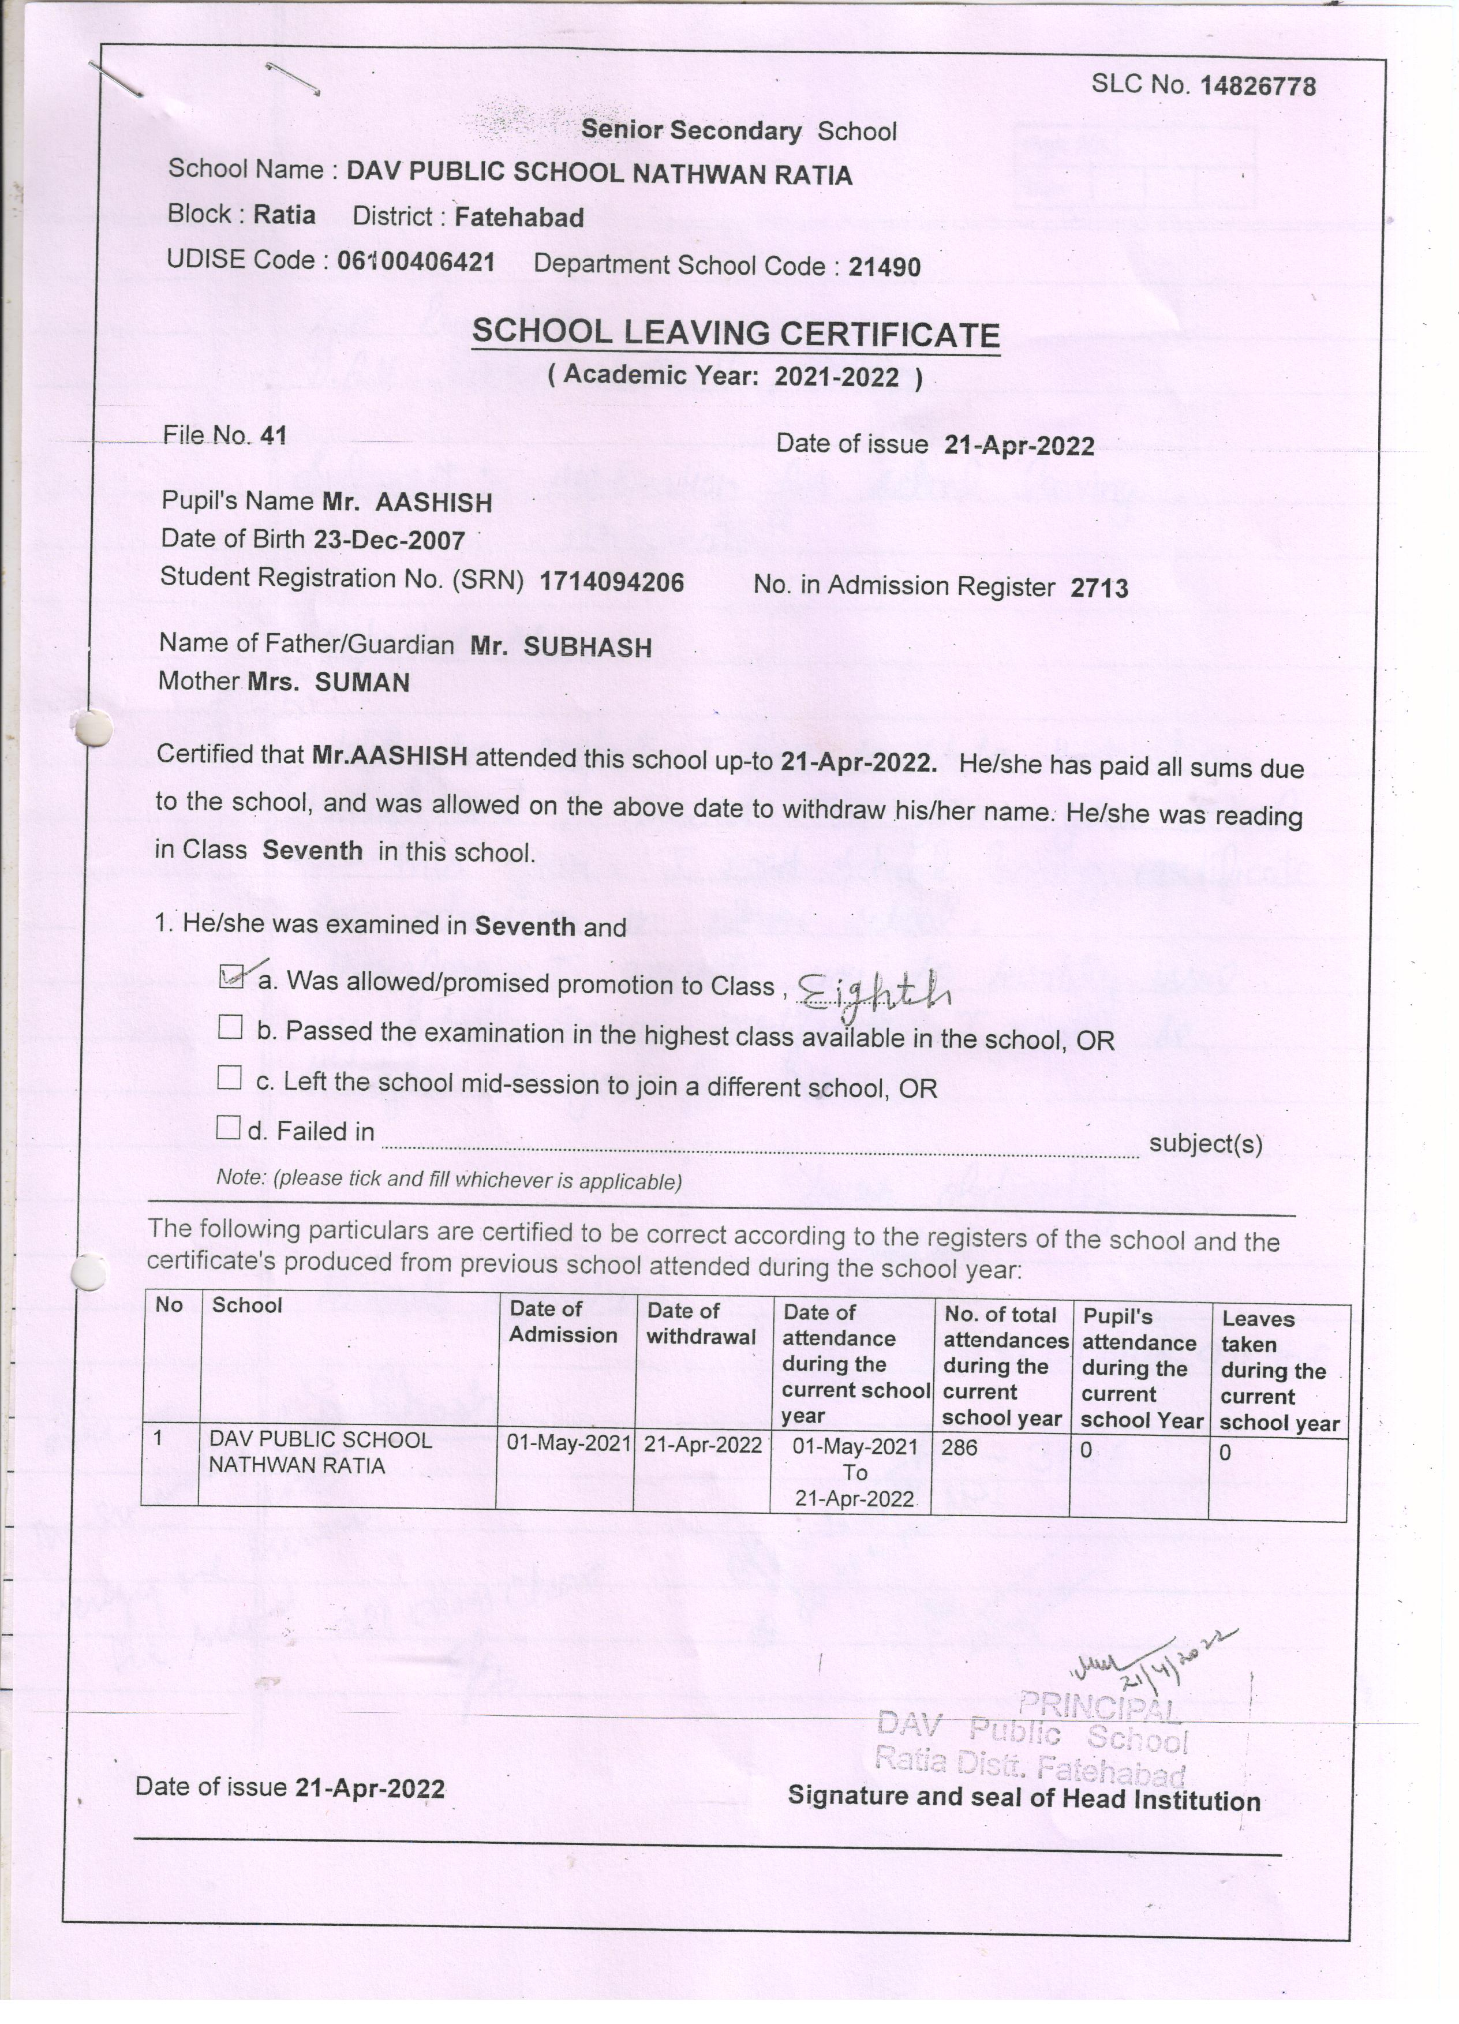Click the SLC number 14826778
pyautogui.click(x=1258, y=87)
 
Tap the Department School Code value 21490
pyautogui.click(x=884, y=267)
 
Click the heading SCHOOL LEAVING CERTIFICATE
pyautogui.click(x=735, y=334)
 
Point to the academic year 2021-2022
pyautogui.click(x=836, y=377)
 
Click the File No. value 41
pyautogui.click(x=273, y=436)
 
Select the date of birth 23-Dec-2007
pyautogui.click(x=389, y=541)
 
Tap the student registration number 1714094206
pyautogui.click(x=611, y=583)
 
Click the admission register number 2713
pyautogui.click(x=1099, y=588)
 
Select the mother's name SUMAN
pyautogui.click(x=362, y=683)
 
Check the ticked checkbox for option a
pyautogui.click(x=230, y=978)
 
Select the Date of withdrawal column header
pyautogui.click(x=701, y=1323)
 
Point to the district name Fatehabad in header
pyautogui.click(x=519, y=218)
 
